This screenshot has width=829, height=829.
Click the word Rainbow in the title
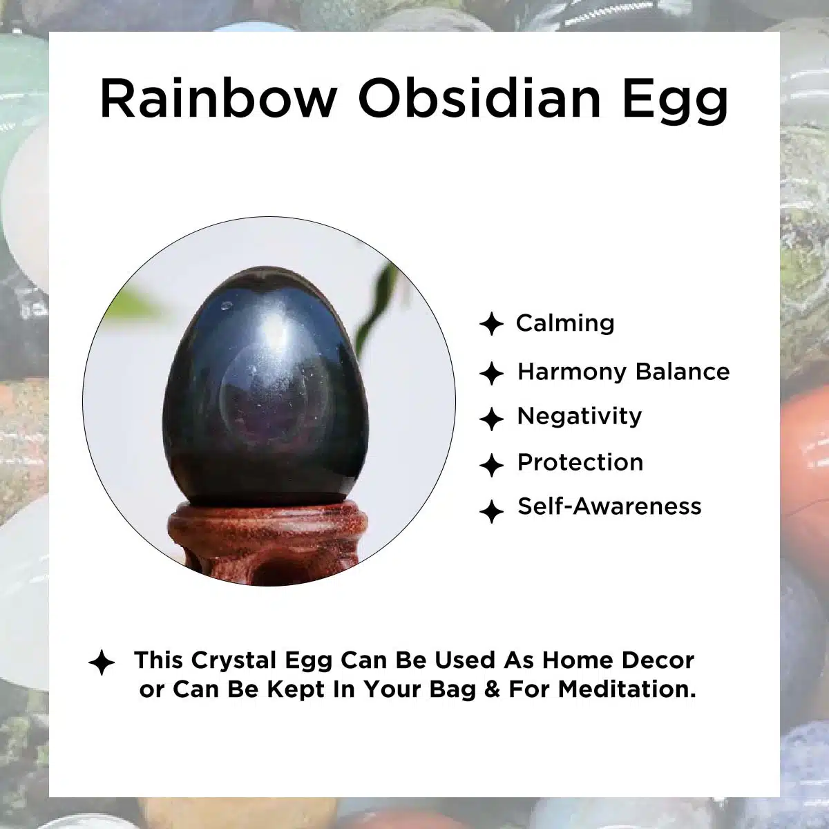coord(218,98)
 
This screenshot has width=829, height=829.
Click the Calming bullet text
coord(565,323)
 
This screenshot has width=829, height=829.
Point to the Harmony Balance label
coord(623,372)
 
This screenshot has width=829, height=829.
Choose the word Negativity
coord(580,417)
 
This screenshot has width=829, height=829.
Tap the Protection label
coord(580,462)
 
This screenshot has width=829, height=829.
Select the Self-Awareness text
coord(609,506)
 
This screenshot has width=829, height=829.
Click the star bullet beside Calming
coord(491,324)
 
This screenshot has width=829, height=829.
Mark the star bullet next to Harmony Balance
coord(491,373)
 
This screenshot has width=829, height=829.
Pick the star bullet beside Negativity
coord(491,419)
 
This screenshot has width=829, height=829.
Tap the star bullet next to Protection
coord(491,465)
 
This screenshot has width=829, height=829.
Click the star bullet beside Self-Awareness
coord(491,511)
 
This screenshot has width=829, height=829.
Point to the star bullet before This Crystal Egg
coord(102,663)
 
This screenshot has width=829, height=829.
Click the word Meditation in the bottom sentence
coord(627,689)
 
